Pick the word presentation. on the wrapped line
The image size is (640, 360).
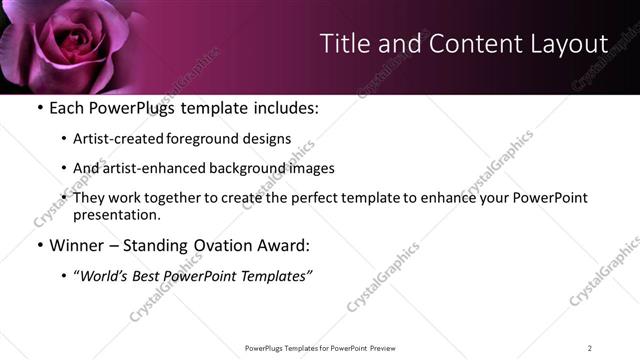coord(116,215)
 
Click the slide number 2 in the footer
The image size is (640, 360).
coord(590,348)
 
